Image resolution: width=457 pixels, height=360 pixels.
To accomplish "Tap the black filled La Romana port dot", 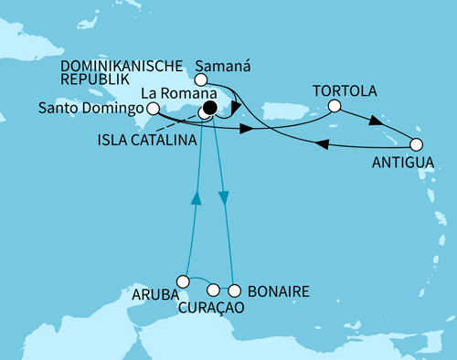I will click(x=209, y=109).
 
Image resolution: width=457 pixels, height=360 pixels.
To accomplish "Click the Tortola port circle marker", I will click(x=335, y=107).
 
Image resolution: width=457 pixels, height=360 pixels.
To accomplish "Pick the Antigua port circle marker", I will click(x=417, y=144).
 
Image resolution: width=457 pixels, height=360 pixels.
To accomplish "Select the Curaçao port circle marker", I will click(x=213, y=291).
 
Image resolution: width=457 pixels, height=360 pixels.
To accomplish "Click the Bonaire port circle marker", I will click(x=234, y=291).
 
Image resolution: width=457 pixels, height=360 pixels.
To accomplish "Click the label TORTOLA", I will click(x=343, y=92).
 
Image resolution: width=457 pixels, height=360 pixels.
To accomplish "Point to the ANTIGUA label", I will click(x=399, y=164).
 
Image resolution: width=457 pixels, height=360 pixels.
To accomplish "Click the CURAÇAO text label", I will click(x=211, y=309).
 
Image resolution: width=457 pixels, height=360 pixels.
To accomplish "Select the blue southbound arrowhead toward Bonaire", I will click(x=224, y=199).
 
